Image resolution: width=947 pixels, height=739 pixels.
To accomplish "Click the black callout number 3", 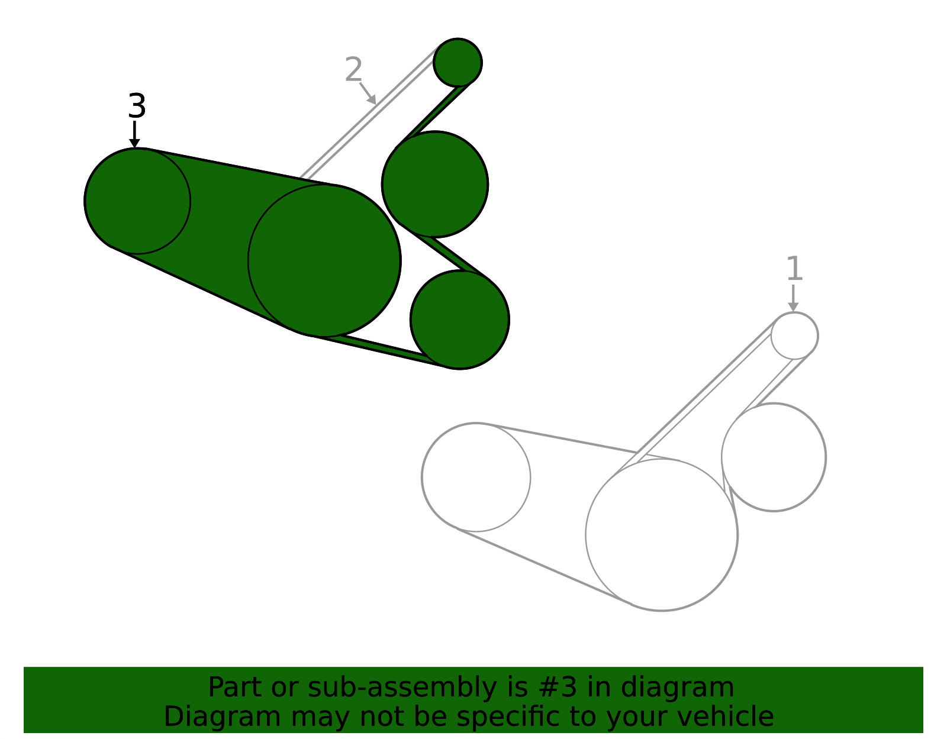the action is [137, 106].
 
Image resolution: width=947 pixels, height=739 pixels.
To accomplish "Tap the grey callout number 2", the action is [353, 69].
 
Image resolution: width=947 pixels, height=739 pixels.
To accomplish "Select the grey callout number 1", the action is [794, 269].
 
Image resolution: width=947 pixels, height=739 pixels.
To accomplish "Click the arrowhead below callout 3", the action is [135, 143].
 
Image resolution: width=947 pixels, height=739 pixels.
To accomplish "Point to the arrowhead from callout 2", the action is [372, 100].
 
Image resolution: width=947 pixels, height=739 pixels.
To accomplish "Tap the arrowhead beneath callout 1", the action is [793, 306].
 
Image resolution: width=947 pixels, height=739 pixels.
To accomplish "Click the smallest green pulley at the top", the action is [458, 63].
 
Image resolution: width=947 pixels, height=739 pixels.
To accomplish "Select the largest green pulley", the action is [325, 261].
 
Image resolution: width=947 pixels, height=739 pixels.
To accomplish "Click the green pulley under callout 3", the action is [137, 201].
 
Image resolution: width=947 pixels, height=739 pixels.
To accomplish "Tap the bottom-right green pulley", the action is [460, 320].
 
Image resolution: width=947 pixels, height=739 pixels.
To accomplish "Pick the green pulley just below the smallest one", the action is [435, 184].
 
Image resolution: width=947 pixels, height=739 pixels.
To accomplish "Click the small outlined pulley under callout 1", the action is [794, 335].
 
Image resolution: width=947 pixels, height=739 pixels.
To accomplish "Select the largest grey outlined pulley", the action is [662, 535].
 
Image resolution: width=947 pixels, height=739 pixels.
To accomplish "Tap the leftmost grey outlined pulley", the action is [476, 477].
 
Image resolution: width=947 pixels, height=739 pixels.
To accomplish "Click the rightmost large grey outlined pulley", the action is [774, 457].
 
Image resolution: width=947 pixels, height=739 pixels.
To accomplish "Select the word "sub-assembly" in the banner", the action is [402, 688].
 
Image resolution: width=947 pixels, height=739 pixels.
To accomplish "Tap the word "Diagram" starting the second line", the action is [223, 717].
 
